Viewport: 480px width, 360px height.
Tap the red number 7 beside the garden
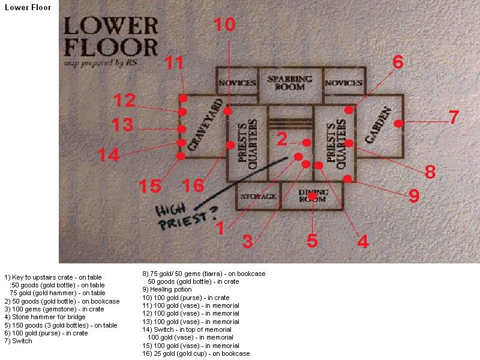click(454, 117)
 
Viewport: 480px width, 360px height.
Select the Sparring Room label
click(290, 83)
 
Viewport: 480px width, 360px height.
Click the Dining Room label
click(314, 196)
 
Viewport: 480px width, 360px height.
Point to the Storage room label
click(258, 197)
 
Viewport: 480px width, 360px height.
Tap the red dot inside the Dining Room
click(312, 197)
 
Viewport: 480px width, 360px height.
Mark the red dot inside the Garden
click(397, 123)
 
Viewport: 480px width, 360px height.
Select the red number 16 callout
click(193, 186)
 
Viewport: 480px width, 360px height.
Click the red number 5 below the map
click(312, 240)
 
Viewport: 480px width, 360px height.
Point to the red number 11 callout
click(176, 62)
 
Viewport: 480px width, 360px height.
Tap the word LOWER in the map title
click(110, 26)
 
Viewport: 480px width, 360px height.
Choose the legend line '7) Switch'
click(18, 341)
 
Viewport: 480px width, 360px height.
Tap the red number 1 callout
click(220, 227)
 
